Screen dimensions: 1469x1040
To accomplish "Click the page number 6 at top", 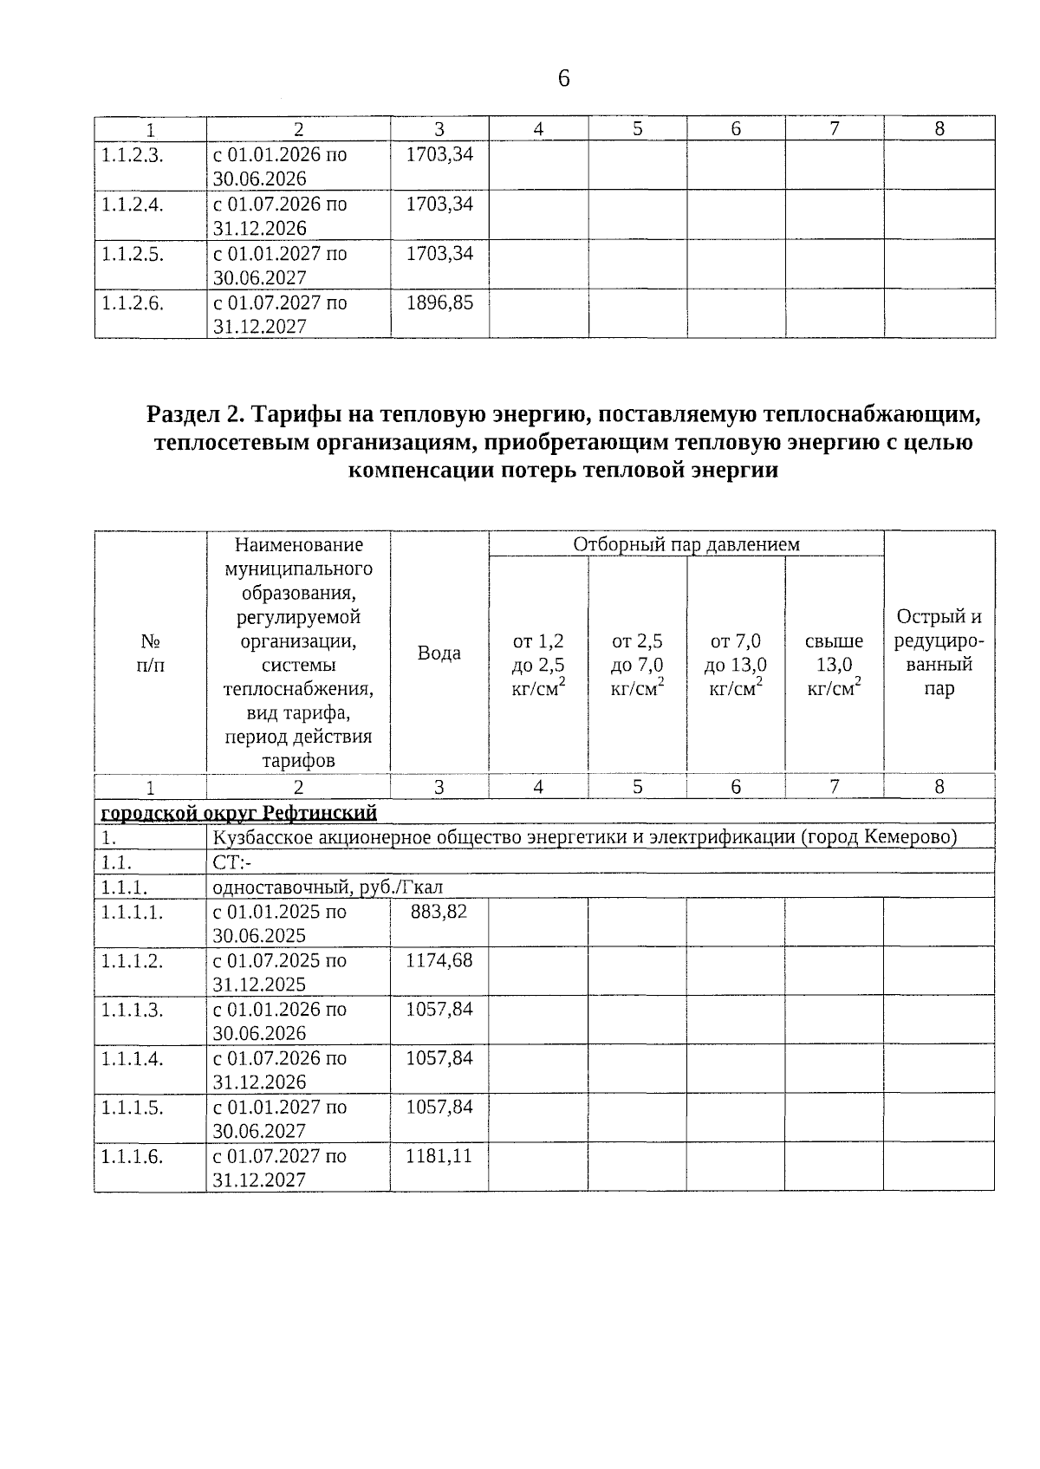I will pyautogui.click(x=563, y=80).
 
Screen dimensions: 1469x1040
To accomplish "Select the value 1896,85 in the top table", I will pyautogui.click(x=439, y=302).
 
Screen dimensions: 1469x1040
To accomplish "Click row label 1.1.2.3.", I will pyautogui.click(x=132, y=155).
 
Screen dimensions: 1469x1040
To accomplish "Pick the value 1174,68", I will pyautogui.click(x=439, y=960).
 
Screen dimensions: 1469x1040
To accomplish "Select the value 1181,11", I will pyautogui.click(x=439, y=1155).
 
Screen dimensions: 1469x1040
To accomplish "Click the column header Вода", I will pyautogui.click(x=439, y=653).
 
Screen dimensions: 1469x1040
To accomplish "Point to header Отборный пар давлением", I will pyautogui.click(x=686, y=544).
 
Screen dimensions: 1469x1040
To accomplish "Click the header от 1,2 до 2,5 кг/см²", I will pyautogui.click(x=539, y=665).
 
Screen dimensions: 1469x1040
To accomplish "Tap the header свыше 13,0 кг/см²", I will pyautogui.click(x=834, y=665).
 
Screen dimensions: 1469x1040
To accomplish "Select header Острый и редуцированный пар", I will pyautogui.click(x=939, y=653).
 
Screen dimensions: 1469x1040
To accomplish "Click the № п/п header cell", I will pyautogui.click(x=151, y=653).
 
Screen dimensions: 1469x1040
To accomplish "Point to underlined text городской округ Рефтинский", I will pyautogui.click(x=239, y=813).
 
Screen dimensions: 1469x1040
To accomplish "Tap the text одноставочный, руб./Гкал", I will pyautogui.click(x=328, y=887).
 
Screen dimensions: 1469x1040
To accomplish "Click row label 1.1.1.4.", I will pyautogui.click(x=132, y=1058).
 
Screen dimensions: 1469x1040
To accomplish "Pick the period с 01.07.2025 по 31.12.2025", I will pyautogui.click(x=279, y=972).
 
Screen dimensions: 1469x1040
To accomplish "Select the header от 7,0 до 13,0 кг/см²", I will pyautogui.click(x=736, y=665).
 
